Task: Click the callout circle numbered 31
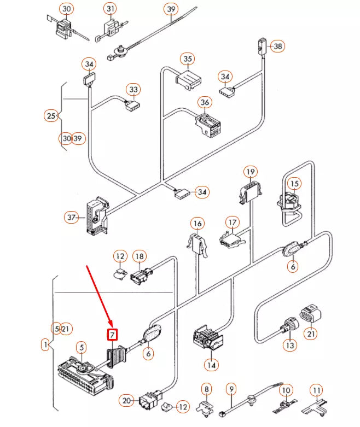click(111, 9)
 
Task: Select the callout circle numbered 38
click(278, 46)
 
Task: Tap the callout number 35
click(188, 59)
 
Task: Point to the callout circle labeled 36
click(205, 102)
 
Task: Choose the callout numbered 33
click(133, 89)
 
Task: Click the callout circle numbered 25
click(51, 116)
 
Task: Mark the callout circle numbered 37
click(71, 218)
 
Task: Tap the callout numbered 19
click(251, 173)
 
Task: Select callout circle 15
click(294, 184)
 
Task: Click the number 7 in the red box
click(113, 334)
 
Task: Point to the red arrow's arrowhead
click(111, 324)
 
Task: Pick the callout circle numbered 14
click(211, 364)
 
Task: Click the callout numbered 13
click(289, 346)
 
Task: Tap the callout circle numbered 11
click(316, 390)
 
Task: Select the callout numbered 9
click(231, 389)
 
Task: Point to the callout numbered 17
click(233, 223)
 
